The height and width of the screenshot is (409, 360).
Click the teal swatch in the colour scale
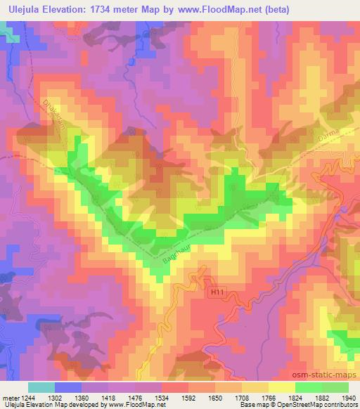pyautogui.click(x=41, y=387)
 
